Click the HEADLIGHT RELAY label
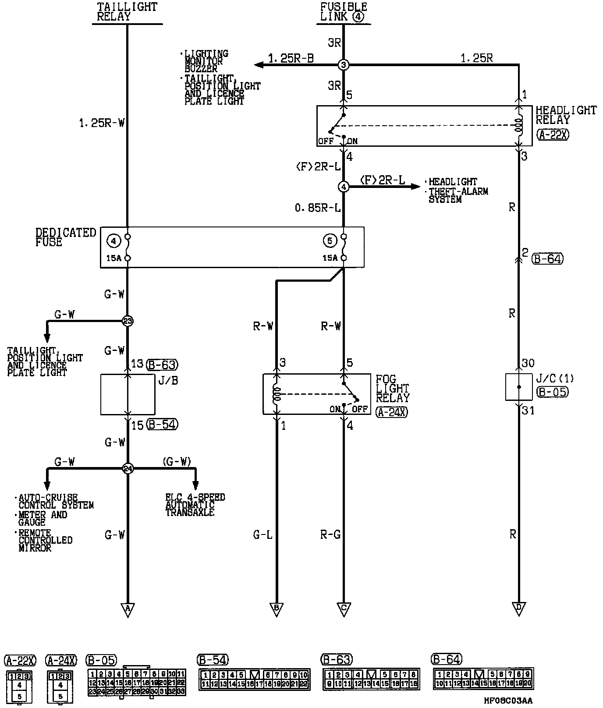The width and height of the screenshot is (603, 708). [566, 115]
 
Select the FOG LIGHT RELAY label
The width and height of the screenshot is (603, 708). [392, 388]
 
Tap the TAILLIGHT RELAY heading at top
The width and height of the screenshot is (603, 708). [127, 12]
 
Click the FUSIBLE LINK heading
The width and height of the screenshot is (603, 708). [344, 12]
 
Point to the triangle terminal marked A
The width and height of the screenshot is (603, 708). [128, 609]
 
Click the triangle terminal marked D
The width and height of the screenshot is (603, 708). [519, 609]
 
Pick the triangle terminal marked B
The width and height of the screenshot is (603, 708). [277, 609]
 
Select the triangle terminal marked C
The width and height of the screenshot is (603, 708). [344, 609]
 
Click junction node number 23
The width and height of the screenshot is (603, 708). [128, 321]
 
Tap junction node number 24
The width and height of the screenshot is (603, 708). [128, 469]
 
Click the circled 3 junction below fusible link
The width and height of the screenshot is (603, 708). [344, 65]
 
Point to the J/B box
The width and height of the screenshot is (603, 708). [128, 394]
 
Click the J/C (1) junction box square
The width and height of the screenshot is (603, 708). [519, 387]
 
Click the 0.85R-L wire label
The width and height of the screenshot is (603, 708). [318, 208]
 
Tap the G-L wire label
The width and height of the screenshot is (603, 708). [262, 535]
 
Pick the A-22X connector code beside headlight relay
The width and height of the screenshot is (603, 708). [553, 135]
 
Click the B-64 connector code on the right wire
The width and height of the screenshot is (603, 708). [547, 258]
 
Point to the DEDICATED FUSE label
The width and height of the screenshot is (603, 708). [65, 237]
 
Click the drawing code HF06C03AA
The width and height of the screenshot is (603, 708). [508, 701]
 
